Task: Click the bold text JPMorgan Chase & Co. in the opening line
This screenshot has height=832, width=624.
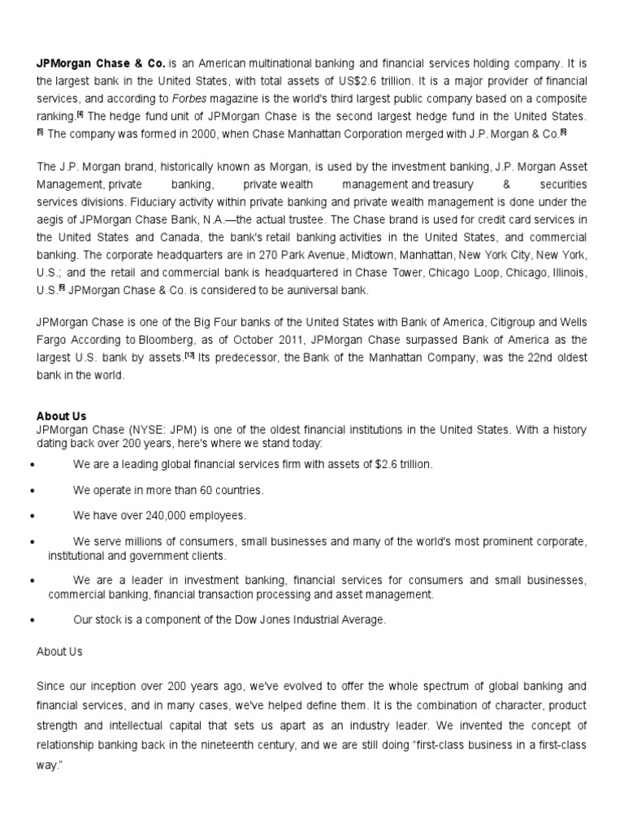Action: [101, 63]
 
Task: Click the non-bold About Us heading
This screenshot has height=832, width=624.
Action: [59, 652]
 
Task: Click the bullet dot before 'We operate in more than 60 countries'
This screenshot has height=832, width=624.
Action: [31, 491]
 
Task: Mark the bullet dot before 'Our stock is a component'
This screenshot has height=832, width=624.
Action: [31, 620]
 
